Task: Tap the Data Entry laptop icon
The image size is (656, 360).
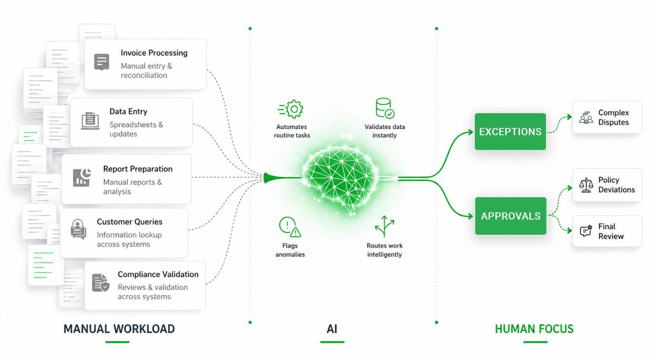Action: point(90,121)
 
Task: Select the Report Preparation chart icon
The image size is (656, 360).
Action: point(82,177)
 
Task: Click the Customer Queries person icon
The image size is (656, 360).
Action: point(78,229)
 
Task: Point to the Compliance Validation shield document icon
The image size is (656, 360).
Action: point(100,283)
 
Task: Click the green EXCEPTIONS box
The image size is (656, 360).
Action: point(510,132)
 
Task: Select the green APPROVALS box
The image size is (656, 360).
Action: point(511,216)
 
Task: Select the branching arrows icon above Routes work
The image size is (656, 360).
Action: point(385,227)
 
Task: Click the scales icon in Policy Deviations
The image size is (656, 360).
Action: point(586,185)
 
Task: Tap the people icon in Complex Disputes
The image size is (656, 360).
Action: point(586,118)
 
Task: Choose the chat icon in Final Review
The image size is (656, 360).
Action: point(585,231)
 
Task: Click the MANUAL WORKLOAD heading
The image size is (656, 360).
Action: point(119,329)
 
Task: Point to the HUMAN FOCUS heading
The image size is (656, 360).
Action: point(534,329)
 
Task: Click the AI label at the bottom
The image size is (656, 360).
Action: point(332,329)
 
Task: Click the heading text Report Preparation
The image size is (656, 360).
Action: point(138,169)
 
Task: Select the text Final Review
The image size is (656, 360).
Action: point(611,231)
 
